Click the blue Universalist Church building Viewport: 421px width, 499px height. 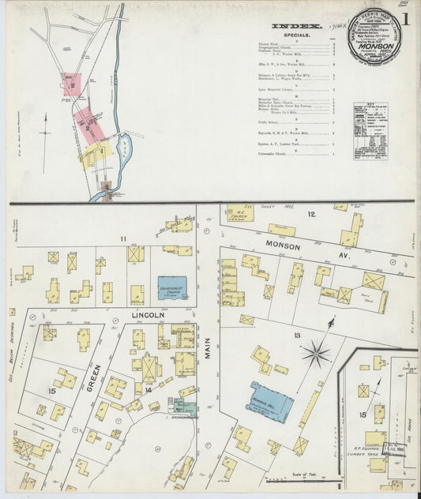click(172, 287)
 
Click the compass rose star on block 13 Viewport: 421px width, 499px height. click(316, 353)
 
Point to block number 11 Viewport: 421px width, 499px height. click(122, 238)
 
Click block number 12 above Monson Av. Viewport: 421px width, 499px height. click(311, 215)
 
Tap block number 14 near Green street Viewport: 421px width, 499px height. click(148, 389)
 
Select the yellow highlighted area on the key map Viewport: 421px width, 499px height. click(92, 154)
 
